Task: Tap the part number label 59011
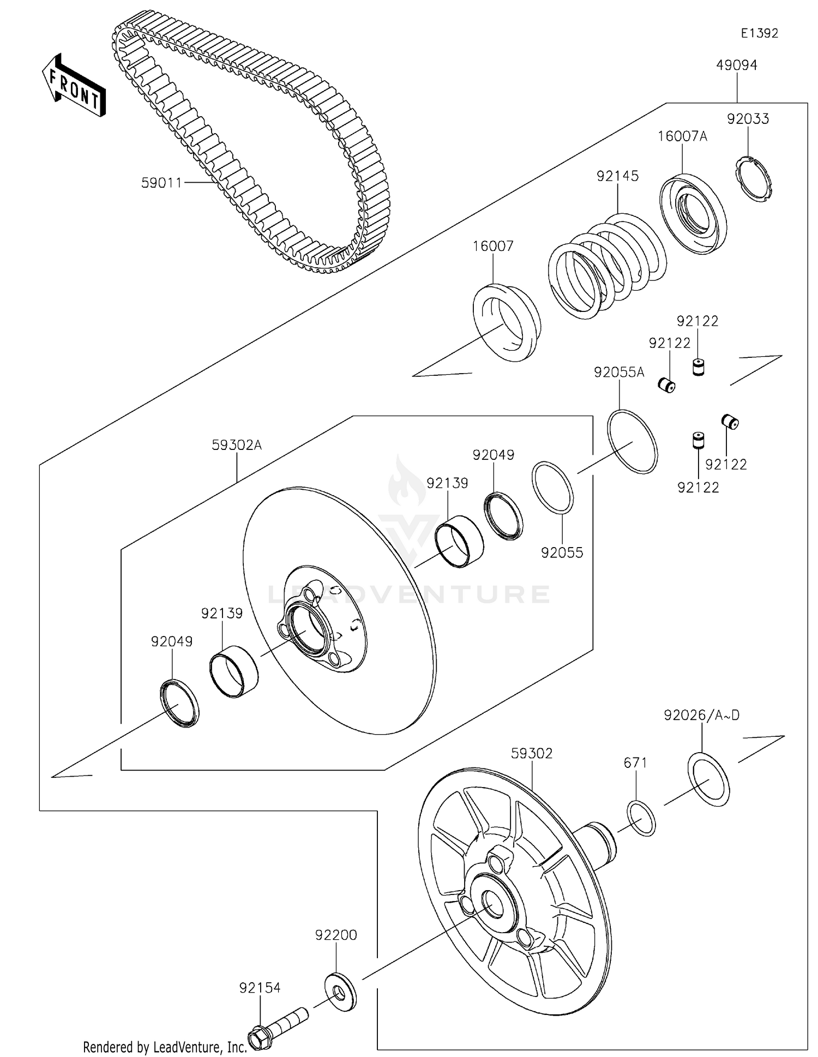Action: (161, 183)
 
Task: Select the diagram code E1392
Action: (759, 33)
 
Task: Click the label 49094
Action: (737, 65)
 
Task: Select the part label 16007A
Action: (682, 136)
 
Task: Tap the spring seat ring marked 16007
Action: (506, 322)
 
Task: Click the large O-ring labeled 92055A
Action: (633, 441)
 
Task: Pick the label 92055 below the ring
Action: (562, 552)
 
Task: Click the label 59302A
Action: (237, 445)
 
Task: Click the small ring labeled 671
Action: (641, 818)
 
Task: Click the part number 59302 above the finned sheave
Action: (532, 753)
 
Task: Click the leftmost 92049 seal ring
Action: (179, 704)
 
